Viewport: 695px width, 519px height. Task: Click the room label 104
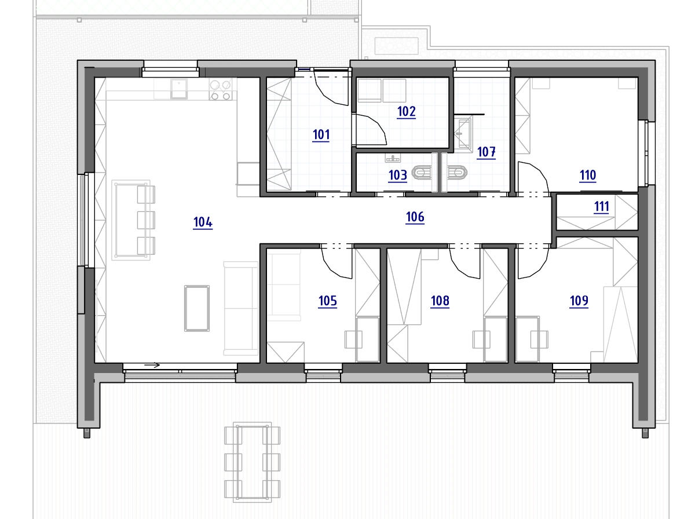203,222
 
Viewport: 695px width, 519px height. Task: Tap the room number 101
321,135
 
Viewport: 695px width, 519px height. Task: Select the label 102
406,111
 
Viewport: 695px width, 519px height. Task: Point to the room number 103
398,175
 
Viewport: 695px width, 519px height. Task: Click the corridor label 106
415,217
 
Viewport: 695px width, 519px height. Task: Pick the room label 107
486,152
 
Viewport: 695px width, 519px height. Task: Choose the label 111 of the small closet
601,207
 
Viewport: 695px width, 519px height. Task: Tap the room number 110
588,176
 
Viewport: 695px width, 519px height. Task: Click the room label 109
579,301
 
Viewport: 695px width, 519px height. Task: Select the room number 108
440,301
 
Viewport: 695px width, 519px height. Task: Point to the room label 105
327,301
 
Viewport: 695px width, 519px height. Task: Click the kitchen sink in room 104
179,89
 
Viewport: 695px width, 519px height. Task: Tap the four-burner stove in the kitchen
221,90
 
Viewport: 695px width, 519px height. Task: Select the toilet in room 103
421,173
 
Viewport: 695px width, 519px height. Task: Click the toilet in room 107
456,173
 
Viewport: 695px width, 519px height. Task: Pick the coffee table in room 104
196,308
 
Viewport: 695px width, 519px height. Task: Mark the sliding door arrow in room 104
152,365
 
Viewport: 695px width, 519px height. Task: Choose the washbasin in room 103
393,158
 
